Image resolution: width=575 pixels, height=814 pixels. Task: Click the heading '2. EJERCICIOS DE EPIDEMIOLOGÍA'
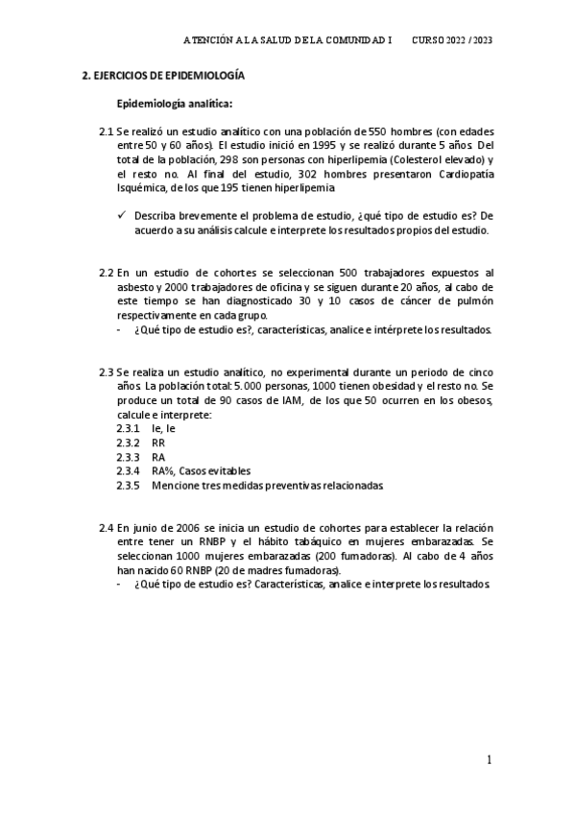coord(162,75)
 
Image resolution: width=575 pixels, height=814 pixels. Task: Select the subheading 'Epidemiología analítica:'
coord(174,103)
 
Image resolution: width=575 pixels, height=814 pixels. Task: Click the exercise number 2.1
coord(106,132)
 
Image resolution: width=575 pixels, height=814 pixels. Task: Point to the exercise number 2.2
coord(106,274)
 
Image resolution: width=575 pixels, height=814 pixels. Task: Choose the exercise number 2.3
coord(106,370)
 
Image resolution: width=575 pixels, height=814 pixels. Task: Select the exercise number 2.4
coord(106,528)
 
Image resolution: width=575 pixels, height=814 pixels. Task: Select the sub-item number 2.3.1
coord(128,428)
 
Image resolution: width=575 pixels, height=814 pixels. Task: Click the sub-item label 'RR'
coord(158,443)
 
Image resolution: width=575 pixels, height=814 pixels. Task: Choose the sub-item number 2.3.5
coord(128,486)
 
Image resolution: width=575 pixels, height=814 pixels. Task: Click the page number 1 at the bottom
coord(489,760)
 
